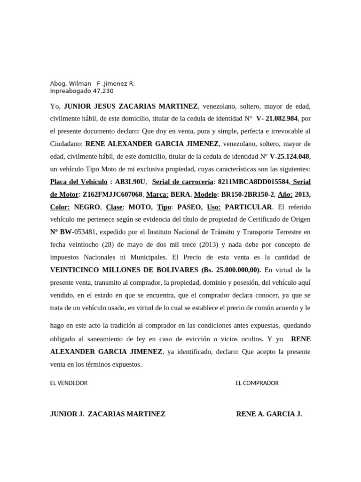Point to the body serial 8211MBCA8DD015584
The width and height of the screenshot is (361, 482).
coord(253,182)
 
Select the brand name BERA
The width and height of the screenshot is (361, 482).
coord(180,194)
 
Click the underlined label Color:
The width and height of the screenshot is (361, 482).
coord(60,207)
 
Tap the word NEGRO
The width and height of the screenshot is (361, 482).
coord(87,207)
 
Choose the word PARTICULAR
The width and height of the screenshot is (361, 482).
coord(248,207)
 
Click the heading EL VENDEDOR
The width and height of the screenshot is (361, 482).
coord(69,383)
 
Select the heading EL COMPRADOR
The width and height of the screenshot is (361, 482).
coord(257,383)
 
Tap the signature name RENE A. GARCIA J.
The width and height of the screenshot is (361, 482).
coord(269,414)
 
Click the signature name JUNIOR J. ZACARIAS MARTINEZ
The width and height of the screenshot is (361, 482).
coord(108,414)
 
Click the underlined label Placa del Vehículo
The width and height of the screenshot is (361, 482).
coord(78,182)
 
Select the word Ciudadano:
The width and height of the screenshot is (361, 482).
coord(67,144)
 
